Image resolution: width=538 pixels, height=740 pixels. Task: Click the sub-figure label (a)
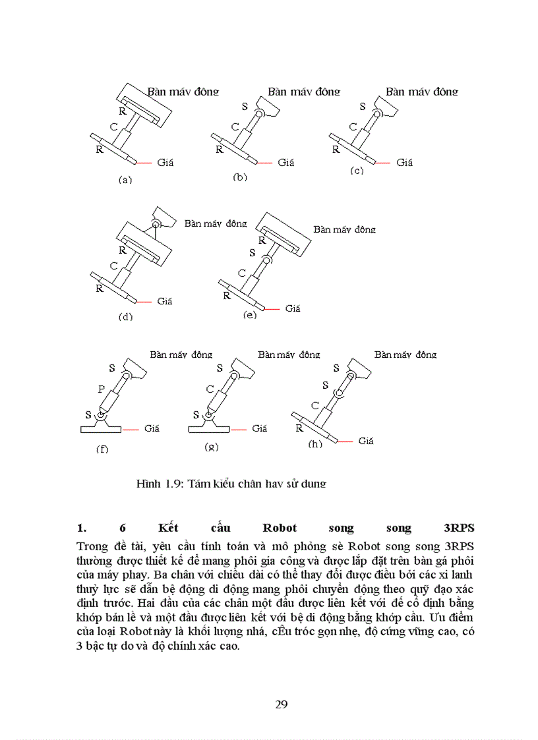125,179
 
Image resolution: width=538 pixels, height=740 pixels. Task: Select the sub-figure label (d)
125,316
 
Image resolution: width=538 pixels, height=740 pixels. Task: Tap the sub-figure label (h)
316,444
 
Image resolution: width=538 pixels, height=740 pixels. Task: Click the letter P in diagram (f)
102,389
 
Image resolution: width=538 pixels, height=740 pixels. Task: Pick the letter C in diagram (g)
210,389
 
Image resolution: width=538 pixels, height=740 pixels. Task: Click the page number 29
281,704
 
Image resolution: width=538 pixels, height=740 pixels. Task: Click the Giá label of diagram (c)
404,162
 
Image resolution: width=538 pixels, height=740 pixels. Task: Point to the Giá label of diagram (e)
293,308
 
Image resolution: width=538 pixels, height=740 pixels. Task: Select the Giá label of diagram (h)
366,441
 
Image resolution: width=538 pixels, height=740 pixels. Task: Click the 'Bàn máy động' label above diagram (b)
304,92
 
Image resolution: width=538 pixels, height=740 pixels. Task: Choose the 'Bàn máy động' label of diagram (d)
216,223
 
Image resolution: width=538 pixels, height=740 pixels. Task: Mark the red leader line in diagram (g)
239,429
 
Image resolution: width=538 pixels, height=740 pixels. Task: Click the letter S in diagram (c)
362,106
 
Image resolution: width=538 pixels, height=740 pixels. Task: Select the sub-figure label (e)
249,315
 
